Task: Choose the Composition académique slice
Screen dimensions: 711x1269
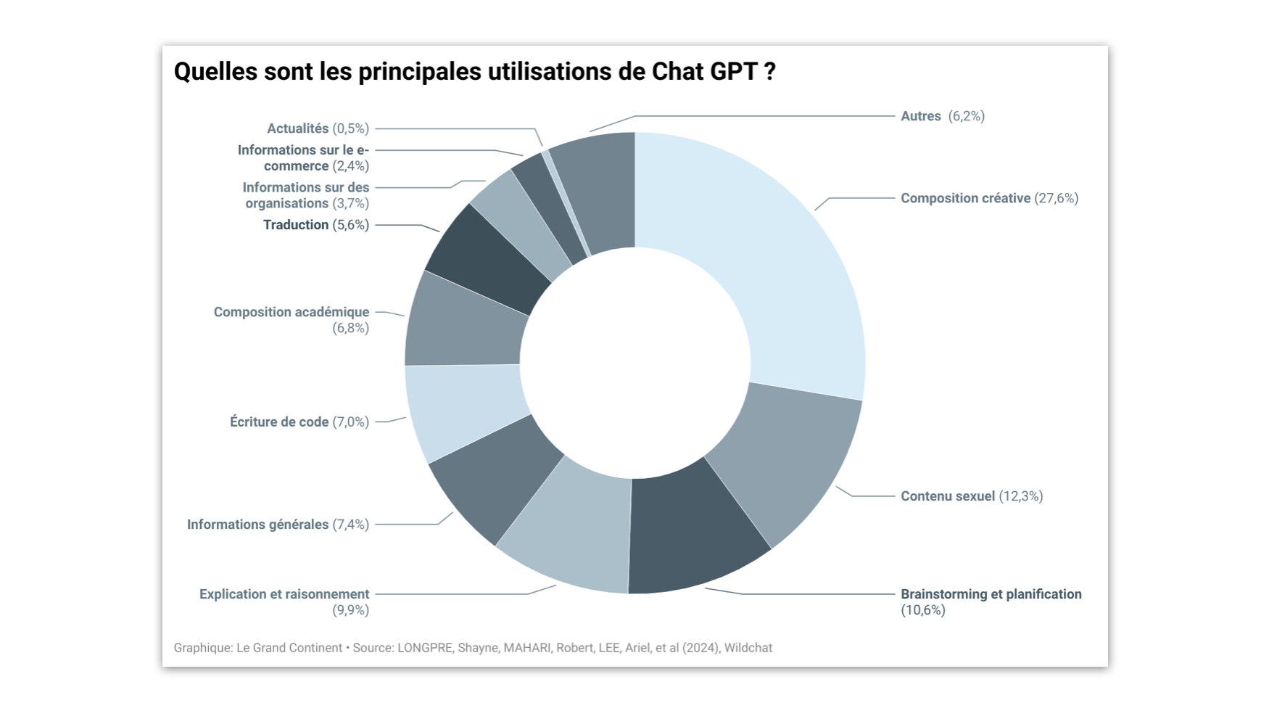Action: pos(464,323)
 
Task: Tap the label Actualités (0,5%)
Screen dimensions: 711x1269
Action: pos(318,128)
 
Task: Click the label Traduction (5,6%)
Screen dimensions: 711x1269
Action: pos(315,225)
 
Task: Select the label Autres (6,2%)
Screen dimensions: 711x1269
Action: pos(942,116)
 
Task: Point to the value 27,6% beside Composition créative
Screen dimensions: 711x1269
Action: pos(1057,198)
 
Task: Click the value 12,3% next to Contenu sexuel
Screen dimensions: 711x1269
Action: pos(1021,496)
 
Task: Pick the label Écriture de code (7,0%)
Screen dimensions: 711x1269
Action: pos(299,422)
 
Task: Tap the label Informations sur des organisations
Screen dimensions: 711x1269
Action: pos(306,195)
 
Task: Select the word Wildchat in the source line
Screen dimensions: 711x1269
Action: pos(748,648)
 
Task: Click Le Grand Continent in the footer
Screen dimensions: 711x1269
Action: pos(289,648)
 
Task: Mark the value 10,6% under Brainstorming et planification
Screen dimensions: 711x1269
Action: pos(923,610)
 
